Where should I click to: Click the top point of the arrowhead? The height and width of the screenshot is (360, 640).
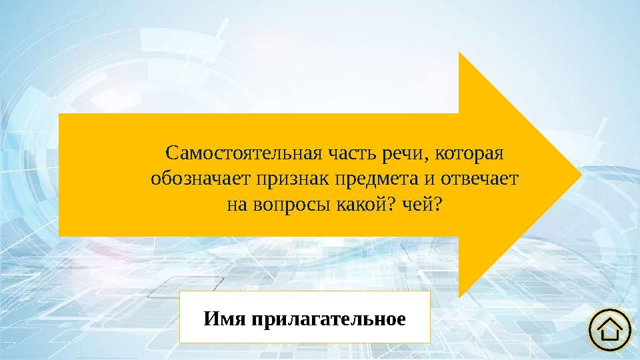[460, 53]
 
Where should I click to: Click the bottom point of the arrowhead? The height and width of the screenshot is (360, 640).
[460, 296]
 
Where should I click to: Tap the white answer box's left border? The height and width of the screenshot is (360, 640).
[180, 317]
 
